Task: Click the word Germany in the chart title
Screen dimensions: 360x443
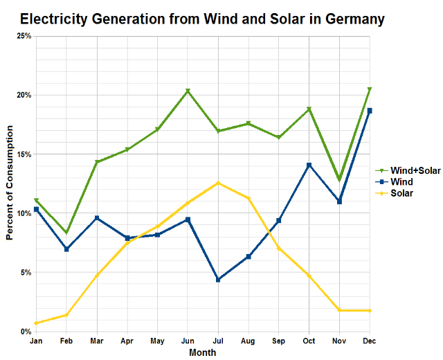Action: click(350, 19)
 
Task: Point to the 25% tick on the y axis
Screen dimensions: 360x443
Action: click(23, 35)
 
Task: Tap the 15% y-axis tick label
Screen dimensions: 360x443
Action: click(23, 154)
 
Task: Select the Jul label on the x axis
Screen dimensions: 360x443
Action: click(219, 341)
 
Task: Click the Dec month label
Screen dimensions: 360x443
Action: click(370, 341)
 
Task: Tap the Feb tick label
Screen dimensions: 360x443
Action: click(66, 341)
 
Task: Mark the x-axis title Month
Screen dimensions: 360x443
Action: click(202, 352)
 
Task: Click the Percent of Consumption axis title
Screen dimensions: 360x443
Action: click(10, 183)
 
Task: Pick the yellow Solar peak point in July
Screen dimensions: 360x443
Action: click(218, 183)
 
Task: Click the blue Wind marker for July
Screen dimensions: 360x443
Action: click(218, 280)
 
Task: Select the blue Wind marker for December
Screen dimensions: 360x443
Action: click(370, 111)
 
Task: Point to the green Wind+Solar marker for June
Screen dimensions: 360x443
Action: click(188, 91)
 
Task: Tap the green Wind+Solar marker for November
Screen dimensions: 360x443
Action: click(339, 180)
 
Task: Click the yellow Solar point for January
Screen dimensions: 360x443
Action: click(36, 323)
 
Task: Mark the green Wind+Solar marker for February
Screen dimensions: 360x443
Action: click(66, 233)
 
